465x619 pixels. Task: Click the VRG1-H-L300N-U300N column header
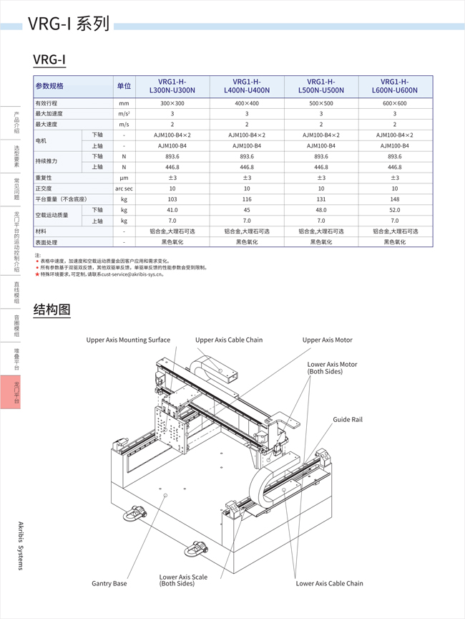[x=172, y=86]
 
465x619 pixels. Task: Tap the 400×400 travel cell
[x=247, y=103]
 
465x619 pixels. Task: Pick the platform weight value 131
[x=321, y=199]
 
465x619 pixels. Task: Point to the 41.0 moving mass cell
[x=172, y=210]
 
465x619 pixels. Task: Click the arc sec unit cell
[x=124, y=188]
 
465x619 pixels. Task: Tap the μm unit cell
[x=124, y=178]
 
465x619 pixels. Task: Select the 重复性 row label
[x=44, y=178]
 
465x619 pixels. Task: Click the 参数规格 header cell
[x=50, y=86]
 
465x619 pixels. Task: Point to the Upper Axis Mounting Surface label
[x=128, y=340]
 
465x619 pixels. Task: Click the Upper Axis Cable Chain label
[x=229, y=340]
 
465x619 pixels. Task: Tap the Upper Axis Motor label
[x=327, y=340]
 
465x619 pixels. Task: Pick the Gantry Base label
[x=109, y=583]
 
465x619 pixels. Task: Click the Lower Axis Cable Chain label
[x=329, y=583]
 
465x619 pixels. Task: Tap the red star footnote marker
[x=36, y=274]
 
